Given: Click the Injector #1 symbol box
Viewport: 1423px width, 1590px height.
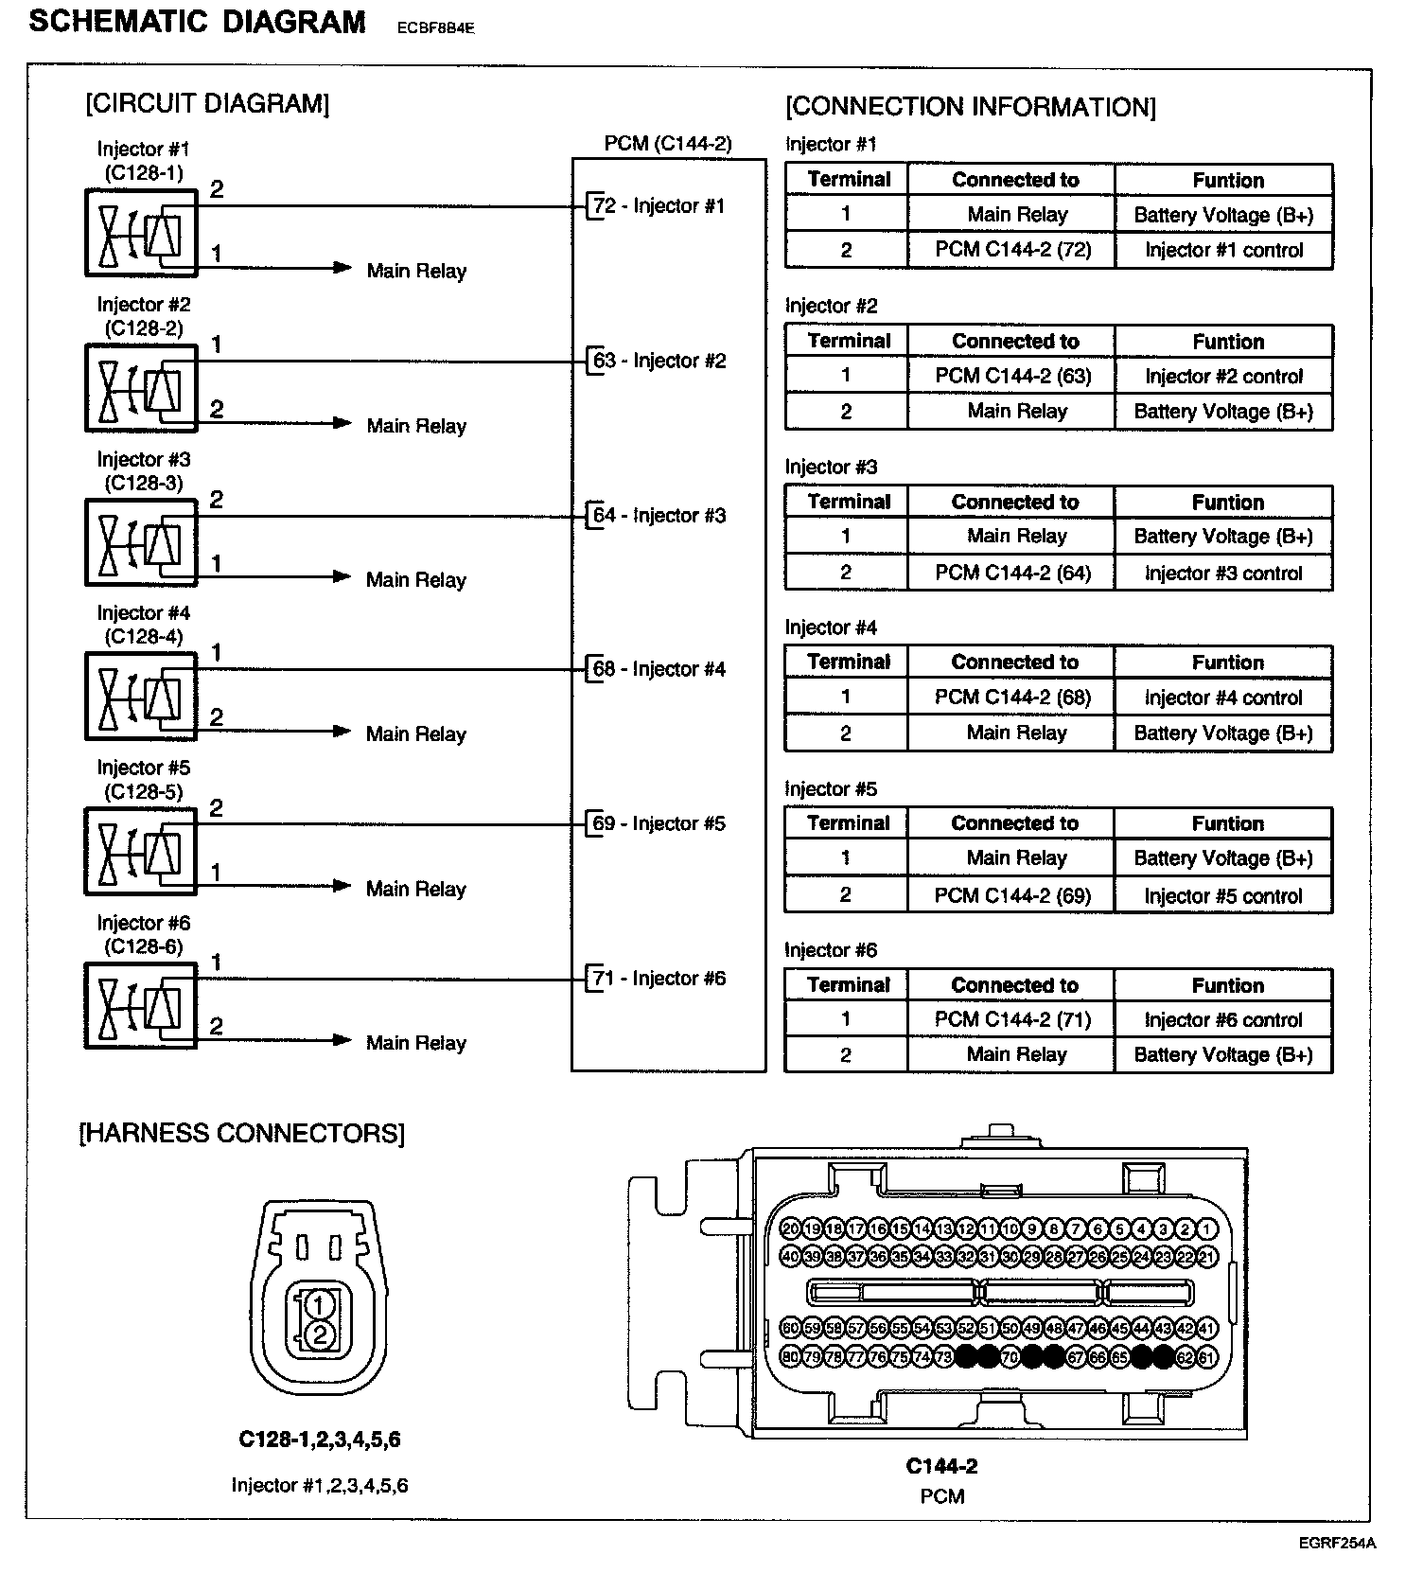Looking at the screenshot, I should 141,233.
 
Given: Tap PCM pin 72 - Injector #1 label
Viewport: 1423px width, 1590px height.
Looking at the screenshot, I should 659,205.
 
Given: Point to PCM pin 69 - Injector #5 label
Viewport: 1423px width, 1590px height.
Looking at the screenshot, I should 659,823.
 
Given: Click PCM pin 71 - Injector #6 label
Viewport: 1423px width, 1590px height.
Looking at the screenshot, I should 659,979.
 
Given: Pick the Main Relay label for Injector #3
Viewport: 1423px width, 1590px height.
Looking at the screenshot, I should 416,579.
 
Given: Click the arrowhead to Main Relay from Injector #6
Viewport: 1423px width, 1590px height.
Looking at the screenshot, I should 342,1040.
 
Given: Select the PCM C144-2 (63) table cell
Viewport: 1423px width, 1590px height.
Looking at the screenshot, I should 1012,376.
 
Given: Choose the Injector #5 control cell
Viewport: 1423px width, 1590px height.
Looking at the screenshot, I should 1222,895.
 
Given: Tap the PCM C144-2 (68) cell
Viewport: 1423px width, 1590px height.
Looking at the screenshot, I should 1012,698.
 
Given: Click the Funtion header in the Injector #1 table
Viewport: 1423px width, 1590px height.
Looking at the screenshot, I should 1227,180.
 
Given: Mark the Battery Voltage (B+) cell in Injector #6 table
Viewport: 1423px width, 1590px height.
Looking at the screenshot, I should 1222,1054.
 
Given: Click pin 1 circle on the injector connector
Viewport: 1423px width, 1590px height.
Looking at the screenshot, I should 319,1305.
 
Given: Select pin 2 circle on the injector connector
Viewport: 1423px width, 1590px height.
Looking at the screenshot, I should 319,1335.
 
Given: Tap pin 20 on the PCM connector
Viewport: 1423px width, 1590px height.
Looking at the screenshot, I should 791,1228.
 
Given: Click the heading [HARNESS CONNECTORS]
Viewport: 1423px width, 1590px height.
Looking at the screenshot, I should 241,1133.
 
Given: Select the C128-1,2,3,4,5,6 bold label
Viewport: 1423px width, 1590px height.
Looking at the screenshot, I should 319,1440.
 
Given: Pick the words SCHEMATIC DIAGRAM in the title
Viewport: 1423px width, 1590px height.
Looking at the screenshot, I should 197,23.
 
